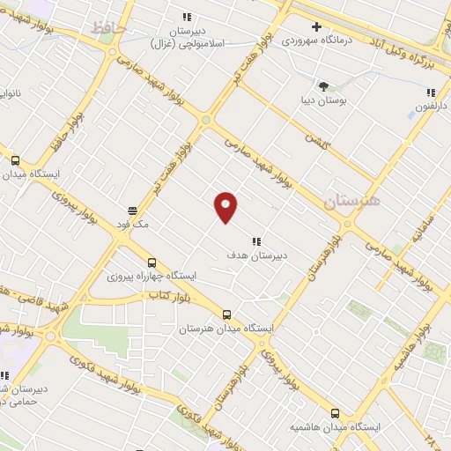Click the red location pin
click(226, 206)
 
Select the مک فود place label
click(133, 225)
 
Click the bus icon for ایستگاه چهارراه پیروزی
click(152, 262)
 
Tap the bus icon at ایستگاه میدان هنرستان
click(226, 314)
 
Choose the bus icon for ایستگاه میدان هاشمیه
click(334, 412)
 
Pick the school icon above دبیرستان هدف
click(257, 240)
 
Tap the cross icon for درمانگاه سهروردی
click(316, 26)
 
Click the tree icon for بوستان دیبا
click(323, 85)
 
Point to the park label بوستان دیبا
click(323, 100)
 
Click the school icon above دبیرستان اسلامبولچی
click(186, 16)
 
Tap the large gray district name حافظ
click(109, 29)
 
